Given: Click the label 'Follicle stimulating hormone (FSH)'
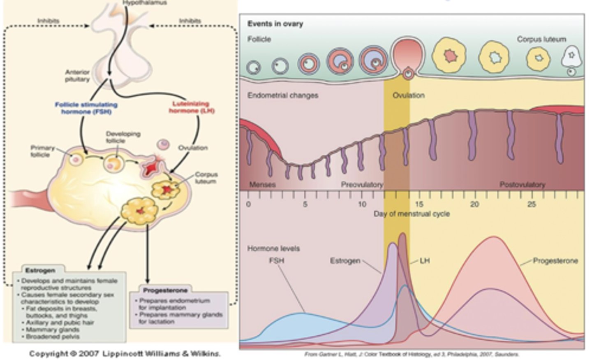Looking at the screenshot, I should point(86,108).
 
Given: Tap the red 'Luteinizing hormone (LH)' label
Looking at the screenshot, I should point(191,107).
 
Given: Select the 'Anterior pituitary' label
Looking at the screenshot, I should point(77,76).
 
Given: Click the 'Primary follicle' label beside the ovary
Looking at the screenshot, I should point(42,151).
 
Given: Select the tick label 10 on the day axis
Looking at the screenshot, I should point(362,204).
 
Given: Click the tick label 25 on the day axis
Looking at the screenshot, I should point(532,204).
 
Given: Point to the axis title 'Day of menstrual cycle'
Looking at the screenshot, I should point(411,214).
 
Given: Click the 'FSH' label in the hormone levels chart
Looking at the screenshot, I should point(276,260).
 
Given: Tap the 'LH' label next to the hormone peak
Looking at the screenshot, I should point(425,261).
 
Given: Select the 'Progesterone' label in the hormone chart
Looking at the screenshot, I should point(555,261).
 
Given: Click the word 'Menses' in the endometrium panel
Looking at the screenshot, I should point(262,184).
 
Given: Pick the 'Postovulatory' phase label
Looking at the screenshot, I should point(522,184).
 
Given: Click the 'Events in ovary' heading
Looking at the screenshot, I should point(275,24).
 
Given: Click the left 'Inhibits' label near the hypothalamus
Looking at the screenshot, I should point(49,21).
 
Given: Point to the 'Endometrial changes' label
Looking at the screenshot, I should point(283,95).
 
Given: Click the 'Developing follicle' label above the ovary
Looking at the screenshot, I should point(123,137).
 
